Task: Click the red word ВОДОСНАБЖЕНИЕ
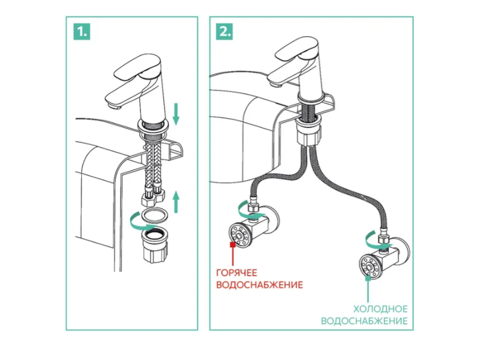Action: coord(259,285)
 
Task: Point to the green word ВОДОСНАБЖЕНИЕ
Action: coord(365,321)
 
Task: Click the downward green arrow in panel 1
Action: coord(175,113)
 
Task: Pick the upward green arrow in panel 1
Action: coord(175,200)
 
